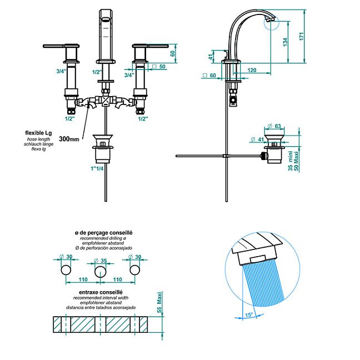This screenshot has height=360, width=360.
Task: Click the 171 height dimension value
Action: point(301,37)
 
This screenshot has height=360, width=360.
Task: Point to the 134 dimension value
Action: point(285,42)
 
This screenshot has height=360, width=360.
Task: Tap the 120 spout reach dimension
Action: point(252,70)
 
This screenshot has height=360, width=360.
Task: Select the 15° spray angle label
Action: point(249,314)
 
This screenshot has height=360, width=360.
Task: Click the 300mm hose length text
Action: point(69,139)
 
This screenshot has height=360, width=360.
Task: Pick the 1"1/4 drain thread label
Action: point(97,168)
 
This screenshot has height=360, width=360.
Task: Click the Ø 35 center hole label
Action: point(101,261)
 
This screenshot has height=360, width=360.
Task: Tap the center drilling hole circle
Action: point(101,272)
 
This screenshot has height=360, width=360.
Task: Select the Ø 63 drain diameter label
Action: point(274,126)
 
